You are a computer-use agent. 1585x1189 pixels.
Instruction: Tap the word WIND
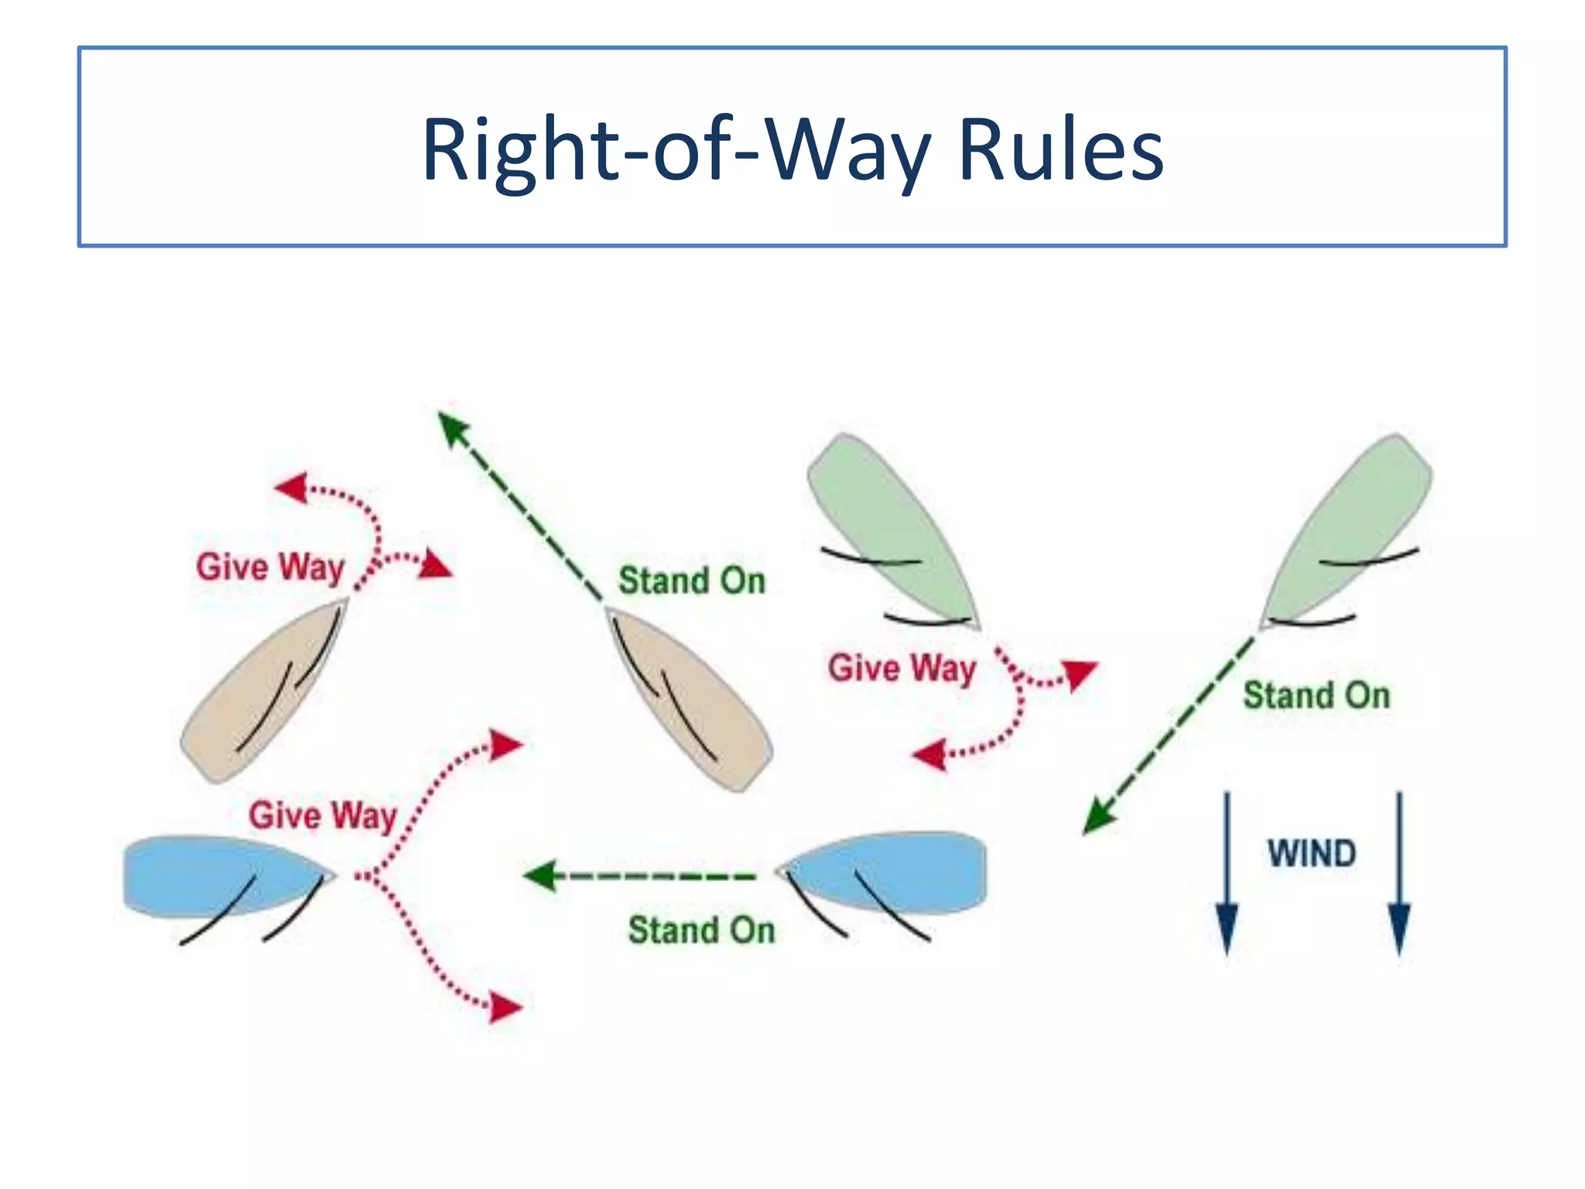1312,854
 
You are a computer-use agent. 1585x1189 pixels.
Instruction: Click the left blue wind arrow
1227,875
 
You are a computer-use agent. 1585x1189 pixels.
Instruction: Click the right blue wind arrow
1399,875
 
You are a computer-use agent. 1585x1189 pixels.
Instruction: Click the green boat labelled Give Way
890,526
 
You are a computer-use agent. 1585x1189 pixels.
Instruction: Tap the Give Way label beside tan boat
270,567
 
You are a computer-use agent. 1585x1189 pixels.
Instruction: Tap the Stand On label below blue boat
701,930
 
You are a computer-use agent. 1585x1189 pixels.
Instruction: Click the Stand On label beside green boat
1316,695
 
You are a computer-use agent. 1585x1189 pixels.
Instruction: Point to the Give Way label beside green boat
902,668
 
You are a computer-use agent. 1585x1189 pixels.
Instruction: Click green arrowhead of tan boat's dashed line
452,427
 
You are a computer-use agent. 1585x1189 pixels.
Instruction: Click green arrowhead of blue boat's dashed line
539,876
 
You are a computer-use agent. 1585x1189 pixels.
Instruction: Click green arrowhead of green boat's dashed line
1097,817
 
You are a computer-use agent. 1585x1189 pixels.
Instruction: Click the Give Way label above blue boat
323,816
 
